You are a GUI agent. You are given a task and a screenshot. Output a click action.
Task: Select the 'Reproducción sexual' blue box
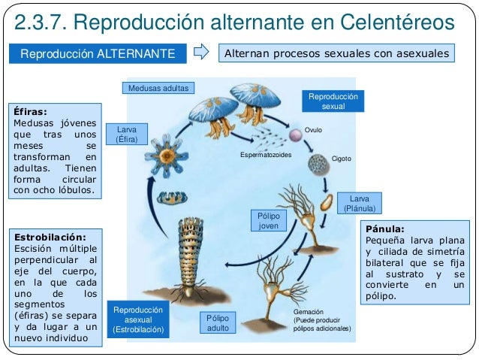pos(333,102)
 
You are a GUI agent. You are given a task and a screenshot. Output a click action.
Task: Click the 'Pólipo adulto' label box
pos(218,323)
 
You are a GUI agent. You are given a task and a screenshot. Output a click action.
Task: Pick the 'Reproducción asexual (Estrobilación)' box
pos(138,319)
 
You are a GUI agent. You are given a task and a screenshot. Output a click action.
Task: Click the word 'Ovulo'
pos(313,129)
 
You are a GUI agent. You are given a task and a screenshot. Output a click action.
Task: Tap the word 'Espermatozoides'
pos(265,154)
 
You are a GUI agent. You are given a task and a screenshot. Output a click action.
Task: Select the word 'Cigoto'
pos(342,159)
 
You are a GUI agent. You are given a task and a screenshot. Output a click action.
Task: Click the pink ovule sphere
pos(296,135)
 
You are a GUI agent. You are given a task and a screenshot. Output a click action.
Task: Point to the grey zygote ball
pos(318,164)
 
